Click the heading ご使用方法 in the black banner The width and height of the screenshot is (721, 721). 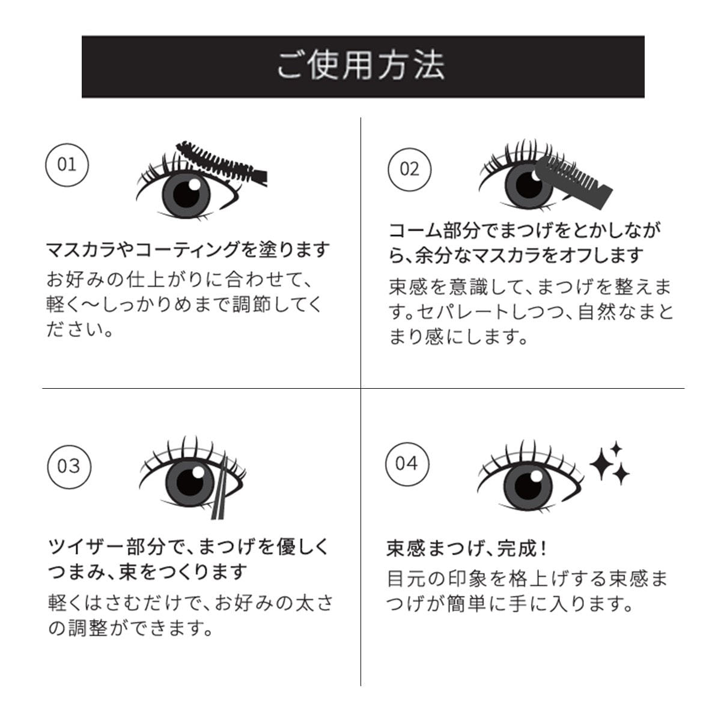point(360,65)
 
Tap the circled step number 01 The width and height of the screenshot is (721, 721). point(67,164)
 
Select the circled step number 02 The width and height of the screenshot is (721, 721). point(409,168)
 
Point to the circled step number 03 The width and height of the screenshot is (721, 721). point(68,466)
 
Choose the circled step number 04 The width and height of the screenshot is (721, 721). point(407,463)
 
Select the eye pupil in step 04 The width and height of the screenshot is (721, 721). point(528,483)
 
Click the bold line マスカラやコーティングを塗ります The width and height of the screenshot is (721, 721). point(187,249)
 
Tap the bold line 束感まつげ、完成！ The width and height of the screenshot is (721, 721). point(467,548)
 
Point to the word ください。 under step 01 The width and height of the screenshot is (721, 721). point(80,330)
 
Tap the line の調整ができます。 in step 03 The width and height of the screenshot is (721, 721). point(130,628)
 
